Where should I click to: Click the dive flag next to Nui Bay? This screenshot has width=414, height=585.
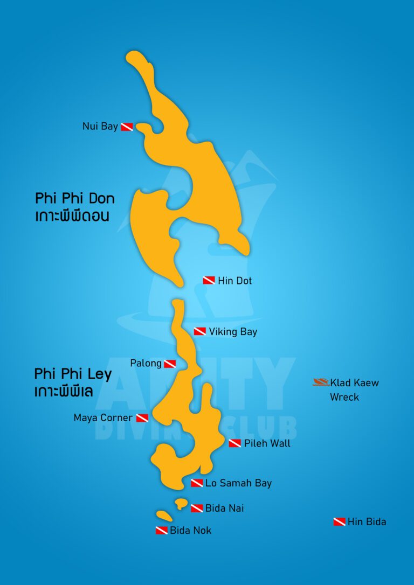[x=127, y=127]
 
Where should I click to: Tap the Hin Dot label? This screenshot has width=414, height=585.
[x=234, y=281]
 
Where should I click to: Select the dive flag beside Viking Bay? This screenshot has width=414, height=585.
[x=200, y=331]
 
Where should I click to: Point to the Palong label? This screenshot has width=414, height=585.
[x=146, y=364]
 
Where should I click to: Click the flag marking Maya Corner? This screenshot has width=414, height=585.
[x=142, y=418]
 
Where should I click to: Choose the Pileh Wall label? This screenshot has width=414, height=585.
[x=267, y=443]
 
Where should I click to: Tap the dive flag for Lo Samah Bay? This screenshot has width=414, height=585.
[x=197, y=483]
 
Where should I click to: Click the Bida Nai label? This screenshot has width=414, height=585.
[x=224, y=508]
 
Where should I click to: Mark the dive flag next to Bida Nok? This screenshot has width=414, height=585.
[x=162, y=531]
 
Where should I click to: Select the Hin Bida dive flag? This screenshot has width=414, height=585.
[x=339, y=521]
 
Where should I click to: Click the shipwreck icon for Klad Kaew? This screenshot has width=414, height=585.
[x=321, y=382]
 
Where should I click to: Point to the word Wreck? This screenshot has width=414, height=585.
[x=344, y=398]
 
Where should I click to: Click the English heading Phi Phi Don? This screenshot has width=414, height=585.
[x=75, y=198]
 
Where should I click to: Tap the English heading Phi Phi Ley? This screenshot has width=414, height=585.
[x=73, y=374]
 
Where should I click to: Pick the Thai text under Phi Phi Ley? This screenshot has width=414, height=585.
[x=64, y=392]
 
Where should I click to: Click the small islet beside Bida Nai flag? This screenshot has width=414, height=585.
[x=181, y=503]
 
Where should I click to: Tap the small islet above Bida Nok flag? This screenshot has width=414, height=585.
[x=164, y=516]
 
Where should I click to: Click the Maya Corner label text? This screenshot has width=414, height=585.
[x=103, y=418]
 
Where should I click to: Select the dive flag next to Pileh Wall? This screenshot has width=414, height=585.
[x=234, y=443]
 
